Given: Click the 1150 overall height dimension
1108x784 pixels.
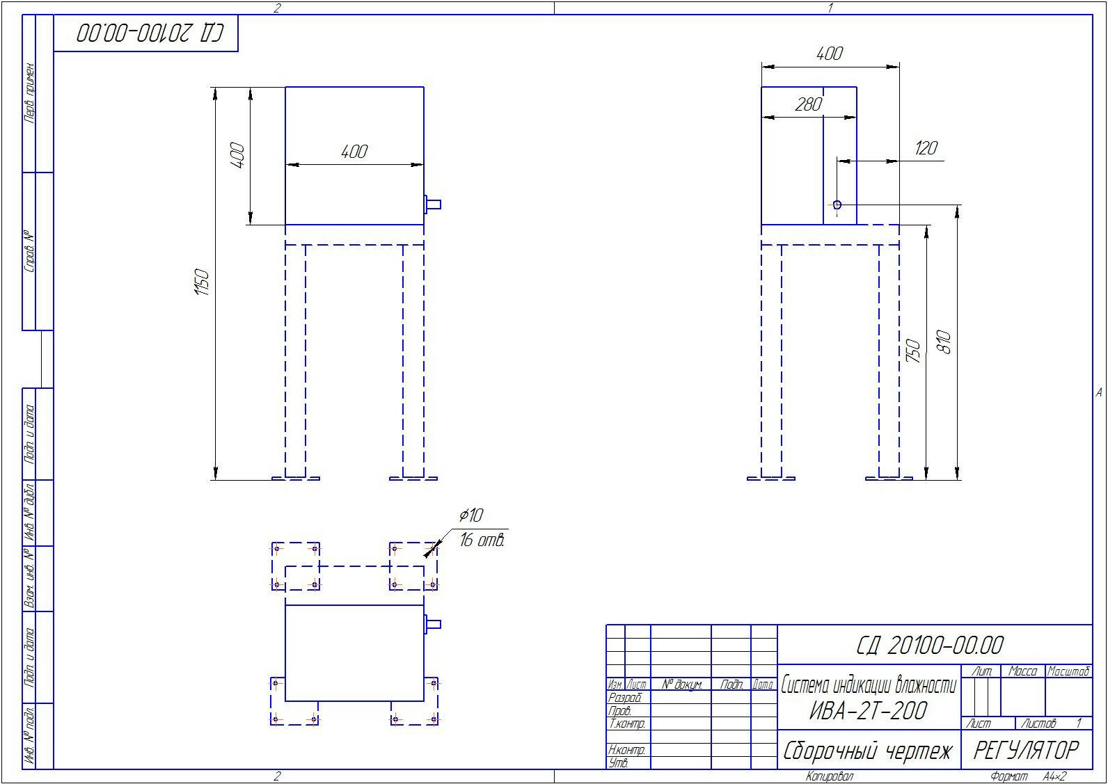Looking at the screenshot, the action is (203, 282).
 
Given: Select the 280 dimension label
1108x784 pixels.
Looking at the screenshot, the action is (809, 104).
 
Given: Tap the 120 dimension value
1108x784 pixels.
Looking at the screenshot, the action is (926, 147).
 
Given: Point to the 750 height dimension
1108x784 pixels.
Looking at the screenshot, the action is (914, 351).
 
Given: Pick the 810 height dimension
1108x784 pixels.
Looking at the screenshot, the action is (944, 342).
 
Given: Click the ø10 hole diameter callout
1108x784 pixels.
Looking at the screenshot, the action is (471, 515).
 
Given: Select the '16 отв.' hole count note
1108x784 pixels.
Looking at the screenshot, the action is (482, 540).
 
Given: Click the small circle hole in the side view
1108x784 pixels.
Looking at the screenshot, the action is (837, 205).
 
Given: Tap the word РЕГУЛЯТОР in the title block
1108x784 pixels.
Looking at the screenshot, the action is (1026, 751).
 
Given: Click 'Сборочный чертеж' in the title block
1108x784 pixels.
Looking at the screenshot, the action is (868, 751).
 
